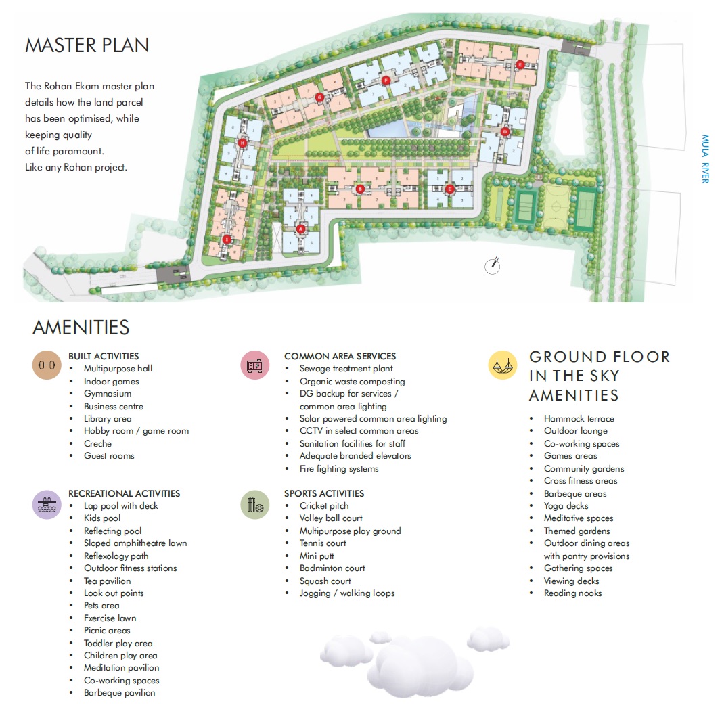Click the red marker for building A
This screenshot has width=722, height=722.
[x=300, y=229]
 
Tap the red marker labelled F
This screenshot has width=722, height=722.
[x=386, y=80]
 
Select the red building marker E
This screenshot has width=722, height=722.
[x=520, y=64]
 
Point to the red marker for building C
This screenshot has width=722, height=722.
[x=449, y=189]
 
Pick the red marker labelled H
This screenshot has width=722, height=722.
[x=242, y=142]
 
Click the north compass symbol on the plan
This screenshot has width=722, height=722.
[x=493, y=266]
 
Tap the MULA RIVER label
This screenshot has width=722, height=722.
[x=704, y=158]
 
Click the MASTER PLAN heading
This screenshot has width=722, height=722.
[x=87, y=45]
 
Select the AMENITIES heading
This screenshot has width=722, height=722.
[x=81, y=328]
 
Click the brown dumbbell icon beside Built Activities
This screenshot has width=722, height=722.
[x=47, y=365]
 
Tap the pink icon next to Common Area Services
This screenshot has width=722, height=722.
[x=254, y=365]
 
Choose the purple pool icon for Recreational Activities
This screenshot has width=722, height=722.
[x=47, y=505]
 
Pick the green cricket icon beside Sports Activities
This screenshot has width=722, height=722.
[x=254, y=505]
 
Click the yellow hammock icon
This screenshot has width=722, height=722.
[x=502, y=365]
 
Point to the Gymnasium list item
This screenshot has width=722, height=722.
[x=108, y=394]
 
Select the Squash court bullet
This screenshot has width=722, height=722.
[x=325, y=581]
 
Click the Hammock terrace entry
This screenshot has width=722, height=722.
[x=579, y=419]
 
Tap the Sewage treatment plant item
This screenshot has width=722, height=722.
[x=346, y=369]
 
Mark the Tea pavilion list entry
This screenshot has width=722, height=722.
[x=107, y=581]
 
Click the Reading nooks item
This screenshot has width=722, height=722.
[x=572, y=593]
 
